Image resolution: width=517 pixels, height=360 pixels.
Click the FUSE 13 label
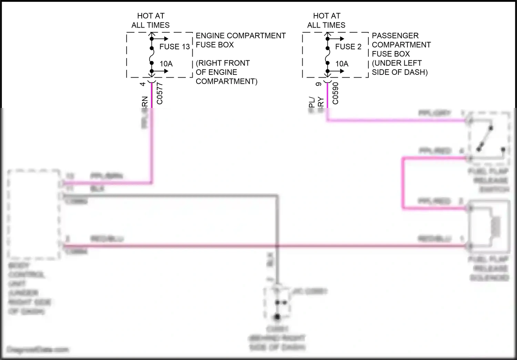click(x=174, y=47)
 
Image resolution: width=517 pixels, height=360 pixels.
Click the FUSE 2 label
click(x=348, y=47)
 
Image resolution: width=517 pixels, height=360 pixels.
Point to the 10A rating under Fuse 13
click(x=166, y=64)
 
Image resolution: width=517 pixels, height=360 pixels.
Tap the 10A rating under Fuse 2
click(x=342, y=64)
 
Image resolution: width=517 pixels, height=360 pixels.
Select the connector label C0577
click(x=160, y=93)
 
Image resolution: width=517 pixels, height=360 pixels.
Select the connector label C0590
click(x=335, y=93)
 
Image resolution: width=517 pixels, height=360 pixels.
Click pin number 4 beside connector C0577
click(x=143, y=84)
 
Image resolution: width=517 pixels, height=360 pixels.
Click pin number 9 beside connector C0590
click(x=318, y=84)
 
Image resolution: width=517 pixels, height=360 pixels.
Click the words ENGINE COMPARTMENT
click(x=241, y=36)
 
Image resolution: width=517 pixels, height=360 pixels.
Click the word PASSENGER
click(x=395, y=36)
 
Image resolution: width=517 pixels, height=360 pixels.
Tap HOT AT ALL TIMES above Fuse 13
click(x=151, y=20)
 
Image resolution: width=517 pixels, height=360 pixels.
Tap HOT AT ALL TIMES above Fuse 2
click(x=326, y=20)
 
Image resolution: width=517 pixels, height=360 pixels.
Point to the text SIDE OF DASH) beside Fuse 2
click(x=399, y=72)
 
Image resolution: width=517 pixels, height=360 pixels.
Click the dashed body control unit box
click(x=34, y=214)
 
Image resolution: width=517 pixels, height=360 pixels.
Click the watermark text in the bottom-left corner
click(x=38, y=350)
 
